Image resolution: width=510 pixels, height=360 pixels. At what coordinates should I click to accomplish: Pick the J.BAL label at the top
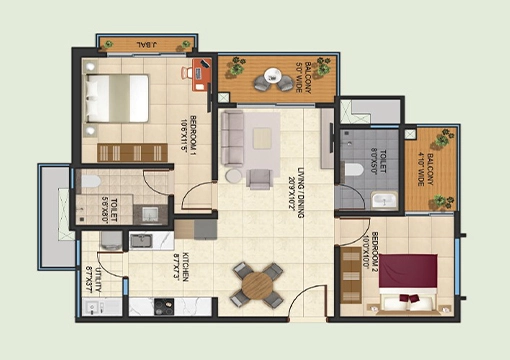click(x=147, y=45)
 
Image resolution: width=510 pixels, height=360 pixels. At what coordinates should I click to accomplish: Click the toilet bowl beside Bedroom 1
click(x=90, y=181)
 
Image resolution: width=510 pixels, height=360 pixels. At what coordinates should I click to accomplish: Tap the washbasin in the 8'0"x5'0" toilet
click(x=384, y=200)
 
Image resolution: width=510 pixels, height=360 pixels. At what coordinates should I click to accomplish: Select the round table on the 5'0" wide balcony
click(x=270, y=79)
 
